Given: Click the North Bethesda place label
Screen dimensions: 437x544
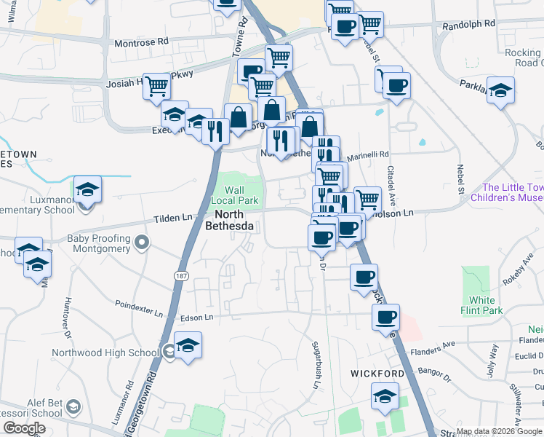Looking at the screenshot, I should click(x=233, y=220).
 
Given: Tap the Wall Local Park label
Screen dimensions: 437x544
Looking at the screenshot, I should click(x=235, y=194).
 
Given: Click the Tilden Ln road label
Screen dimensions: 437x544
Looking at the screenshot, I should click(x=172, y=218).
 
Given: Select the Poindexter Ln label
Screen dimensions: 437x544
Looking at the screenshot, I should click(x=140, y=307).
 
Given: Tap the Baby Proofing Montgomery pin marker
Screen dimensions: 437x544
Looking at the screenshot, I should click(x=142, y=243).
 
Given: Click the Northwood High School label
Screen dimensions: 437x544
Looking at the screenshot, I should click(x=105, y=353).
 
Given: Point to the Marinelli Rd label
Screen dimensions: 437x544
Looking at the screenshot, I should click(x=368, y=154).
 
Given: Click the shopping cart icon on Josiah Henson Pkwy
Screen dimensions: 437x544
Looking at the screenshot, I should click(x=156, y=86).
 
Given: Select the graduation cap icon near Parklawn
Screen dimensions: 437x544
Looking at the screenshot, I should click(x=500, y=90).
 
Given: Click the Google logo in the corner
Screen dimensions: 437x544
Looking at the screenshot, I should click(x=25, y=428).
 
